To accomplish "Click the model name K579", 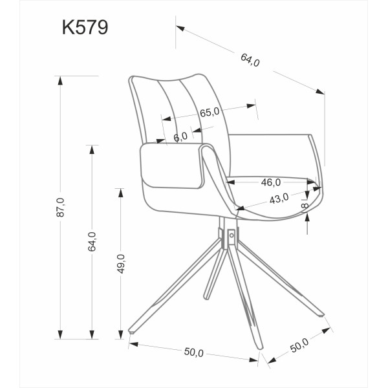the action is tap(85, 27).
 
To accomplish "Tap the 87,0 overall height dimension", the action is tap(60, 208).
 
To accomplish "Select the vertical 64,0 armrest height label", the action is tap(92, 242).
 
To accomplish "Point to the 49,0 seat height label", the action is tap(121, 264).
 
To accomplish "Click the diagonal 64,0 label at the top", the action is tap(250, 60).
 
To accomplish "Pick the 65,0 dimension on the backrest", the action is tap(210, 113).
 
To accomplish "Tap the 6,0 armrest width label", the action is tap(180, 137).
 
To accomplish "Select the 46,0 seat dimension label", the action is tap(271, 182).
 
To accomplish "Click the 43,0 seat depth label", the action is tap(279, 199).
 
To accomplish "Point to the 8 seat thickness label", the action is tap(305, 206).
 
